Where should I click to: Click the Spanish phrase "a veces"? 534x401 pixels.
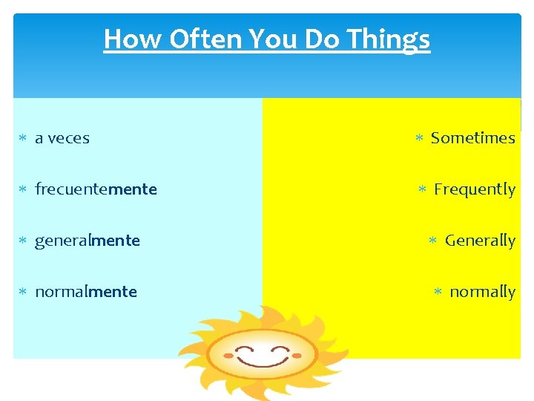[62, 138]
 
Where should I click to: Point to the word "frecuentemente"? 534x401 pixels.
[96, 189]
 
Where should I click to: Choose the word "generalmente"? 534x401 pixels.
[87, 241]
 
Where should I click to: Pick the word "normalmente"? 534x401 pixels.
[85, 292]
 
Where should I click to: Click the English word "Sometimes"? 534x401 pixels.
[472, 138]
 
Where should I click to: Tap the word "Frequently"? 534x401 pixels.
[474, 189]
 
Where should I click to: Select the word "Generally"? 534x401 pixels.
[480, 241]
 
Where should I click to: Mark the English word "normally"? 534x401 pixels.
[482, 292]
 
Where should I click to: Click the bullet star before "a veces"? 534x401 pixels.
[22, 139]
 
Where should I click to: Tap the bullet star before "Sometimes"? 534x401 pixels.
[418, 139]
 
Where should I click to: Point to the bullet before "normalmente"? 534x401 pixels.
[22, 293]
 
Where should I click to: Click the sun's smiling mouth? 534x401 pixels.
[261, 361]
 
